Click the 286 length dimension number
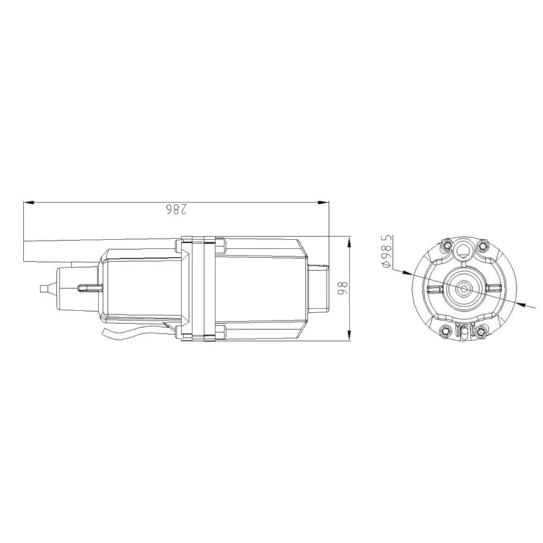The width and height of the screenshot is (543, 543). tap(176, 210)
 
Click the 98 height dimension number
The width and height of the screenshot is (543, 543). tap(342, 288)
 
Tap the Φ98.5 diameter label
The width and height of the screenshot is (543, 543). tap(387, 252)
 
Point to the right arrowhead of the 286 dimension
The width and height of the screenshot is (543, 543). tap(323, 202)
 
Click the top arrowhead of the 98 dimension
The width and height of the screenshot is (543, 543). tap(349, 242)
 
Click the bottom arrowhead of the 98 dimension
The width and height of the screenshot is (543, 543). tap(349, 335)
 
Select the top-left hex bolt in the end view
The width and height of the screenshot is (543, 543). tap(447, 245)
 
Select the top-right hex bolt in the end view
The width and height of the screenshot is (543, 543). tap(482, 245)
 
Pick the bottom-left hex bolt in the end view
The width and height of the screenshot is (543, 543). tap(445, 332)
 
